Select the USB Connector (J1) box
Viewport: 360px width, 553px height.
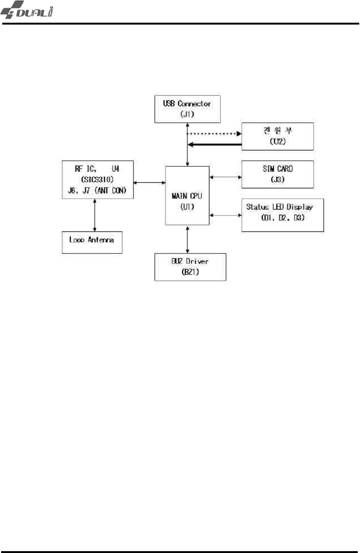pyautogui.click(x=187, y=109)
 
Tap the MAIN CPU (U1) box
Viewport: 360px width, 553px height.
pyautogui.click(x=187, y=195)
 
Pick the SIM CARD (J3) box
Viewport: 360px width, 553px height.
pyautogui.click(x=277, y=174)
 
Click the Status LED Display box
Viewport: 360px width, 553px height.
pyautogui.click(x=283, y=215)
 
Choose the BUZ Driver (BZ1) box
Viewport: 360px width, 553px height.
pyautogui.click(x=190, y=267)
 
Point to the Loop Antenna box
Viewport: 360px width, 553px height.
pyautogui.click(x=92, y=242)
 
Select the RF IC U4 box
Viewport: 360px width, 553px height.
pyautogui.click(x=97, y=179)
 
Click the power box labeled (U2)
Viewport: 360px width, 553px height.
pyautogui.click(x=277, y=136)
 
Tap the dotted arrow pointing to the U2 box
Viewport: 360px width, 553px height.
pyautogui.click(x=214, y=134)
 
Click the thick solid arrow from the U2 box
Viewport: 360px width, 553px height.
pyautogui.click(x=215, y=144)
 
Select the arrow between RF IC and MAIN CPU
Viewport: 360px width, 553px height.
pyautogui.click(x=149, y=183)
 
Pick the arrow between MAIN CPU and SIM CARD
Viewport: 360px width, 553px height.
pyautogui.click(x=225, y=177)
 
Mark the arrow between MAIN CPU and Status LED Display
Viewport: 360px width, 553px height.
pyautogui.click(x=225, y=215)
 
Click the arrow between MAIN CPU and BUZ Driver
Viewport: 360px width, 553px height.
pyautogui.click(x=187, y=239)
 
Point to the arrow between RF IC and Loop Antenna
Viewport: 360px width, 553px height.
pyautogui.click(x=95, y=215)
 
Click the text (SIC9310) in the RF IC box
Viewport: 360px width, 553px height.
pyautogui.click(x=97, y=179)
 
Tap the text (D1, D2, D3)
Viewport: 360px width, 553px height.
pyautogui.click(x=283, y=218)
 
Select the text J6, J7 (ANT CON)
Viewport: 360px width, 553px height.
pyautogui.click(x=97, y=190)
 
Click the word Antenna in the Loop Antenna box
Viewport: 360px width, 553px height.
pyautogui.click(x=101, y=240)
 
